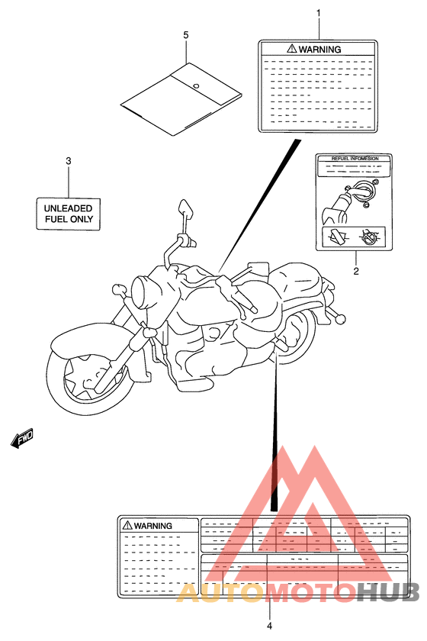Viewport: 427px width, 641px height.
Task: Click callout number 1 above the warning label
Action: click(319, 13)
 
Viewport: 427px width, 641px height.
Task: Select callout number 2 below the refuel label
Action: click(355, 271)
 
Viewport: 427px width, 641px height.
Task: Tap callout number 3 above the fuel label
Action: click(68, 161)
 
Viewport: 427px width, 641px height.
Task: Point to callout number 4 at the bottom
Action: click(269, 627)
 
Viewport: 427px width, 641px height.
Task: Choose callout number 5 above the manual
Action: click(185, 35)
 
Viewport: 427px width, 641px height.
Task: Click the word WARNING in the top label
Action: click(319, 49)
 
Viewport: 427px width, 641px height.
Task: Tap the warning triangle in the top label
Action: click(291, 48)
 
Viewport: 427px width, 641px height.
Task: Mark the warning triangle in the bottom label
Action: click(126, 526)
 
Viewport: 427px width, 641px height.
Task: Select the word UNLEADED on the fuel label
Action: click(67, 208)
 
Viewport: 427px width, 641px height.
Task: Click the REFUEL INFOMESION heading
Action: click(355, 159)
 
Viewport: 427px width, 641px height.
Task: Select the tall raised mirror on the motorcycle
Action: click(185, 208)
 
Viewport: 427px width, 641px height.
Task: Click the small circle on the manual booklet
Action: click(195, 85)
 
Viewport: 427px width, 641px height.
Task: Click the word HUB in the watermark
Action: click(389, 592)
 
